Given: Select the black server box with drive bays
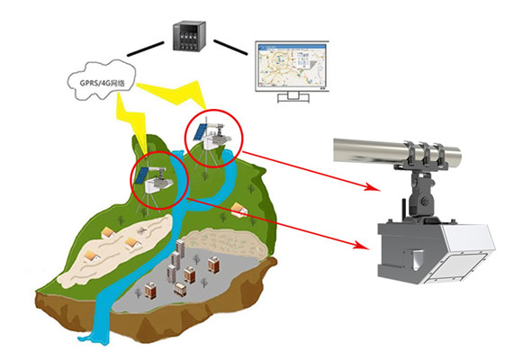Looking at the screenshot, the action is pos(189,36).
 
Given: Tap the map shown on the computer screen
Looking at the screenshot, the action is pos(293,65).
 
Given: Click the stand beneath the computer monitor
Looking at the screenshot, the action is pos(293,97).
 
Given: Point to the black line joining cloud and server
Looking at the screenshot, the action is pos(146,49).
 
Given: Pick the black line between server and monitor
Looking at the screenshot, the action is pos(230,47).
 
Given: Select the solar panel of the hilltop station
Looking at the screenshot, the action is pos(201,131).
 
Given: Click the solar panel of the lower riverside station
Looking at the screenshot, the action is pos(142,175).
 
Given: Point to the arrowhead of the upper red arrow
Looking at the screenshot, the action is pos(373,187).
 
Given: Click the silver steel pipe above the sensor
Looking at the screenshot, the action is pos(397,150).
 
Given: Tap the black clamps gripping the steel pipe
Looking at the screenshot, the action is pos(424,156).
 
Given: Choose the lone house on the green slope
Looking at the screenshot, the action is pos(239,210).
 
